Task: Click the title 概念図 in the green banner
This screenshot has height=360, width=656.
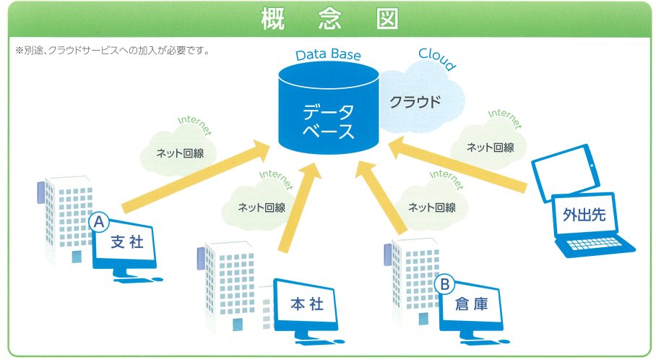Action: pos(328,20)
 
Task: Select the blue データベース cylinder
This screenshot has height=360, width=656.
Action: pos(328,116)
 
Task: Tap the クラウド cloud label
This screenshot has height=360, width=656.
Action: pos(415,102)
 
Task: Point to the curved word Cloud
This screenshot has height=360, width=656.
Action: pos(436,59)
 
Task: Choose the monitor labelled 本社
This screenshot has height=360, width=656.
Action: pos(304,306)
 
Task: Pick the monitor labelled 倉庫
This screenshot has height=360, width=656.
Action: pos(471,306)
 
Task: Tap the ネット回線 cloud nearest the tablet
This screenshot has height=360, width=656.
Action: pos(489,147)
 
